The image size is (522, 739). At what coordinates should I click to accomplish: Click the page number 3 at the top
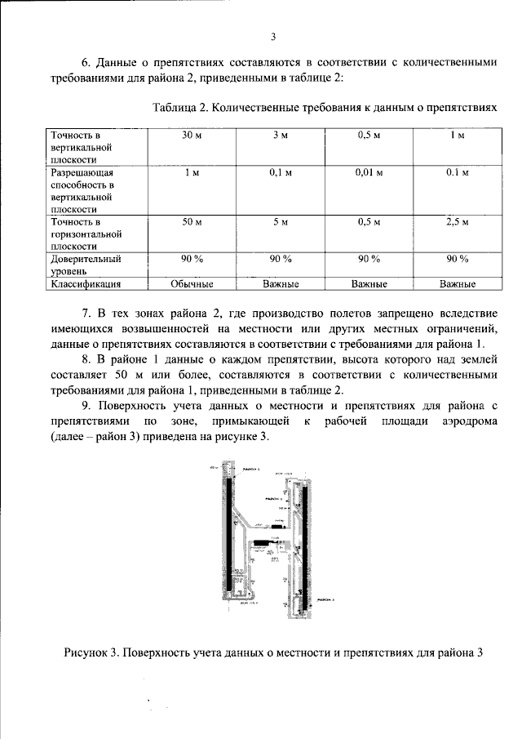coord(274,36)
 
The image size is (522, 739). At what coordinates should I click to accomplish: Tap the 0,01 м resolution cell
coord(369,173)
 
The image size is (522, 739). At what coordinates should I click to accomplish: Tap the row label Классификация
coord(86,284)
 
